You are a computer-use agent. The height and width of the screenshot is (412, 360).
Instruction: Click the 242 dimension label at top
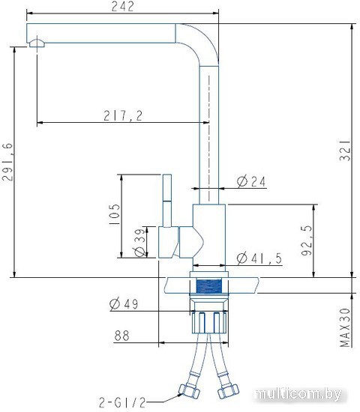123,6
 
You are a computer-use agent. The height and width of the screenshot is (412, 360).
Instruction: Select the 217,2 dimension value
123,115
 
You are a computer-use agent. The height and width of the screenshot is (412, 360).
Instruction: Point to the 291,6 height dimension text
7,162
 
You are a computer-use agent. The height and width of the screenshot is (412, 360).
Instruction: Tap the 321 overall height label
345,151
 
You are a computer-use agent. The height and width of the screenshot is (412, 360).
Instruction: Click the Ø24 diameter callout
251,181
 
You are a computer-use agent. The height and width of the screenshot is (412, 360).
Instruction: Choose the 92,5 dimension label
307,240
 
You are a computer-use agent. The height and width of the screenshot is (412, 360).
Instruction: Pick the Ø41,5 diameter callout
259,258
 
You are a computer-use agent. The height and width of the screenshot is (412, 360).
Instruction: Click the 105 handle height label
114,214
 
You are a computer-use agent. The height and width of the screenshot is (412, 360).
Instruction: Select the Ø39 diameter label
139,243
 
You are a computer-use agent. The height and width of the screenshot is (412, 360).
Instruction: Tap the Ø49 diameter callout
124,304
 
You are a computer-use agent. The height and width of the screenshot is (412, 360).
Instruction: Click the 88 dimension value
121,336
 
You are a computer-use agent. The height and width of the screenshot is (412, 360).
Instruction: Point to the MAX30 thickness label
345,327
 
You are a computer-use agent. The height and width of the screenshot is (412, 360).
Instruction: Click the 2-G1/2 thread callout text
122,402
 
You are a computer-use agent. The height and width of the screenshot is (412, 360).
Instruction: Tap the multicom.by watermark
298,394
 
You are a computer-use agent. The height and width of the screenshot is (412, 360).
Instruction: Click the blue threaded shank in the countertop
209,286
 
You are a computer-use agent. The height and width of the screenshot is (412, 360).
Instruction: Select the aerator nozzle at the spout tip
37,43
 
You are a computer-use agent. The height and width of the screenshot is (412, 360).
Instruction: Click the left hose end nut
189,390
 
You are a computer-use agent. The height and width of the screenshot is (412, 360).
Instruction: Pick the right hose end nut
228,391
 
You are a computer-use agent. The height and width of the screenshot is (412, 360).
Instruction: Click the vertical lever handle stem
167,201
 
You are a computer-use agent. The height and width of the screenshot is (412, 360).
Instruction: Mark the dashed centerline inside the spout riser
209,139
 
